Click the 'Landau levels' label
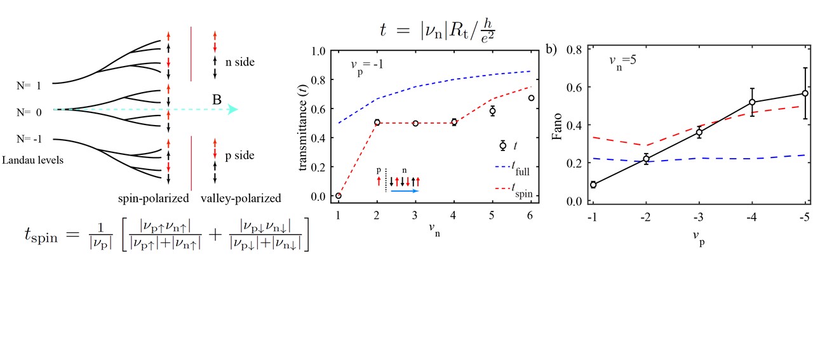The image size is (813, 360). (x=32, y=160)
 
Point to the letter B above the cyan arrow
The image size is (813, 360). (x=217, y=98)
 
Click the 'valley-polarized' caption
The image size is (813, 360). (x=241, y=198)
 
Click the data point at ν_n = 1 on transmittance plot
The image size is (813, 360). (x=338, y=196)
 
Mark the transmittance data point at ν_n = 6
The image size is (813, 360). (x=531, y=98)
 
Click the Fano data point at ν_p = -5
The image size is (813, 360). (x=805, y=93)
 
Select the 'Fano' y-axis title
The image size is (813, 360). (x=558, y=124)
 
